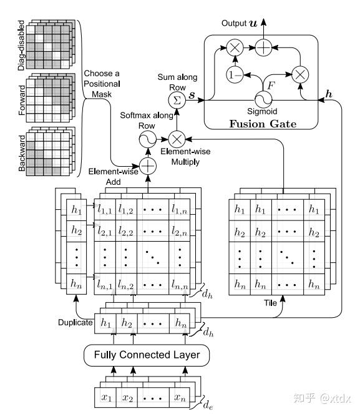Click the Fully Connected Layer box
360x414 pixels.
click(x=147, y=355)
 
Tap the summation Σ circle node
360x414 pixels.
click(x=177, y=101)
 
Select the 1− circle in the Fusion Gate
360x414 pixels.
click(x=235, y=75)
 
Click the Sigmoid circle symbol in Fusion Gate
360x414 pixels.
click(x=263, y=99)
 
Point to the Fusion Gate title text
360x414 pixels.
click(x=263, y=124)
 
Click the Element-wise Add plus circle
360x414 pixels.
click(x=148, y=166)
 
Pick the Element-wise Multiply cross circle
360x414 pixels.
click(x=177, y=139)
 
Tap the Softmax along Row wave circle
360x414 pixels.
click(x=148, y=139)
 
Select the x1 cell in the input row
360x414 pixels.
click(x=105, y=398)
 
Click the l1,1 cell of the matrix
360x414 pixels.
click(x=105, y=210)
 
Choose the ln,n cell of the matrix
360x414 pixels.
click(x=179, y=284)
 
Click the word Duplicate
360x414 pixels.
click(x=75, y=323)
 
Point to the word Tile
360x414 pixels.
click(x=270, y=303)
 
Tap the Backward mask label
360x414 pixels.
click(x=22, y=153)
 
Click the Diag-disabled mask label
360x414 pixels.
click(x=21, y=46)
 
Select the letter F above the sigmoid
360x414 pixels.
click(x=271, y=86)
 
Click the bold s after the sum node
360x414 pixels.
click(x=192, y=95)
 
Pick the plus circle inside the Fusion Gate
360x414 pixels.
click(x=263, y=48)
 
